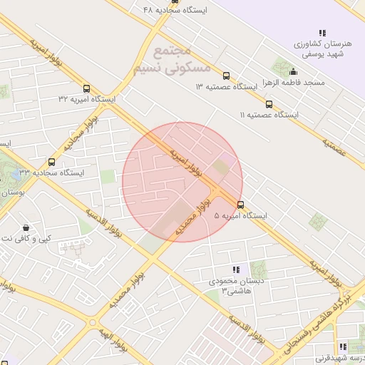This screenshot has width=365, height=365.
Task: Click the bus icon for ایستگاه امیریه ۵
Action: click(240, 205)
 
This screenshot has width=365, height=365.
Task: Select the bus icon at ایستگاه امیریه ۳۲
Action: click(87, 89)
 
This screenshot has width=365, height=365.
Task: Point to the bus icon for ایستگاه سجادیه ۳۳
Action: click(51, 163)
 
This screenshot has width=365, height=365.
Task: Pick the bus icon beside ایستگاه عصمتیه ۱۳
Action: click(226, 76)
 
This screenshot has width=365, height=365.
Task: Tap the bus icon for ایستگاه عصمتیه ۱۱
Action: click(268, 104)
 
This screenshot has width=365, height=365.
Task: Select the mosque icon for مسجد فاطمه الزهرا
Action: click(293, 72)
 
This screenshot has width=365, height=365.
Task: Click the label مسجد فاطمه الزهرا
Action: click(293, 83)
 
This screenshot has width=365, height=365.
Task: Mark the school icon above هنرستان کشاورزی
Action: click(322, 33)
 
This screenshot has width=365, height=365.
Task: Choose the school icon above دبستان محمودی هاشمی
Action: click(236, 269)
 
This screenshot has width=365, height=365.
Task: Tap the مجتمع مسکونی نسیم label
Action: click(172, 61)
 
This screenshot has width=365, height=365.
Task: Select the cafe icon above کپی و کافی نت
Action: click(26, 227)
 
